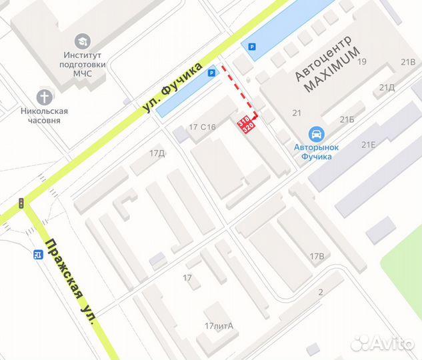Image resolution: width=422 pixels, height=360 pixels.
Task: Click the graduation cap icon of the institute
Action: [x=83, y=41]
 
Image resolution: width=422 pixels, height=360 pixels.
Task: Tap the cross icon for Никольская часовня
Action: [x=45, y=96]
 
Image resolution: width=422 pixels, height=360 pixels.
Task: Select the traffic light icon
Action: [x=21, y=203]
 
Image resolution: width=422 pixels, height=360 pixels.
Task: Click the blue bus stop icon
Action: [x=38, y=254]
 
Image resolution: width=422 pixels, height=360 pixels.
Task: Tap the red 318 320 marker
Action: [x=247, y=123]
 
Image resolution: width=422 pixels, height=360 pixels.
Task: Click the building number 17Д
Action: [x=157, y=153]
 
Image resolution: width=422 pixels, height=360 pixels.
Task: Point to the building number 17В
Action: [x=317, y=257]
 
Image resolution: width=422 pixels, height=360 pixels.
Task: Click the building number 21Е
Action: [x=368, y=145]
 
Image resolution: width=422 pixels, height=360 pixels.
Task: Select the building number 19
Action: [x=363, y=62]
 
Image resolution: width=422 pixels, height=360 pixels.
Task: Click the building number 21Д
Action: [x=387, y=87]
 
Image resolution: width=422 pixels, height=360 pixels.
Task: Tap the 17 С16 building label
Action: [x=203, y=127]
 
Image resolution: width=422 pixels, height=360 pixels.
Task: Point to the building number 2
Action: [x=321, y=293]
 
